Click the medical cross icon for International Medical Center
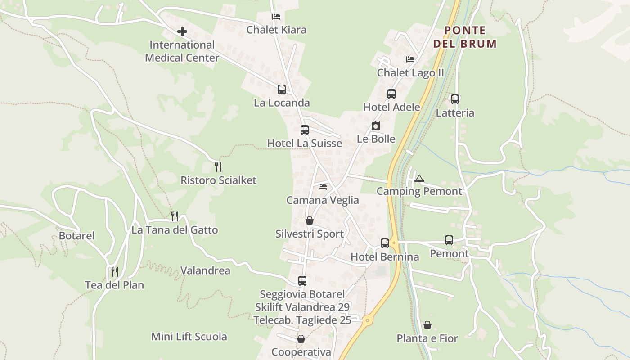[x=182, y=31]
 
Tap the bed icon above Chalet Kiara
[x=276, y=17]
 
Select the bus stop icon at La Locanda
[x=282, y=90]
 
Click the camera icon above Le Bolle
[x=376, y=126]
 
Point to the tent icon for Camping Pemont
[x=419, y=178]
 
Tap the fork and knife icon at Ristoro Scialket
[x=218, y=167]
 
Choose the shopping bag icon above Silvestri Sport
[x=310, y=220]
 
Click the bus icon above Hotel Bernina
[x=385, y=243]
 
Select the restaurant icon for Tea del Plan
[x=115, y=272]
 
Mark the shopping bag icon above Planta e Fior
[x=427, y=325]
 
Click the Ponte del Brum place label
[x=465, y=37]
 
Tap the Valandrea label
[x=205, y=270]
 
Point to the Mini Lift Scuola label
[x=189, y=337]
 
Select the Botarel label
[x=76, y=236]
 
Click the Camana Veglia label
[x=323, y=200]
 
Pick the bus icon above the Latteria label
[x=455, y=99]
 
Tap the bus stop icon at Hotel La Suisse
[x=305, y=130]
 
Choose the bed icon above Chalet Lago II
[x=410, y=59]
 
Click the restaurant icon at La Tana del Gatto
[x=175, y=216]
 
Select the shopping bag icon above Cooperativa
[x=301, y=339]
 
